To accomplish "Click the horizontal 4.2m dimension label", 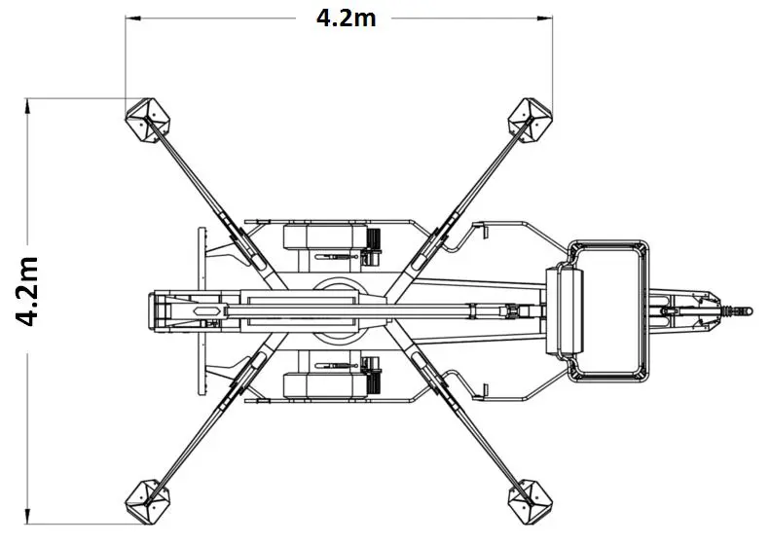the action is click(347, 18).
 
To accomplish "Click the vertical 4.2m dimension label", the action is click(27, 291).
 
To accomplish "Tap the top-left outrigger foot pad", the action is click(147, 121).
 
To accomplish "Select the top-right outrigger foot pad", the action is click(530, 121).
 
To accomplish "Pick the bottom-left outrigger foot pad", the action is click(147, 502).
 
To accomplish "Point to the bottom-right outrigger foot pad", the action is click(530, 502).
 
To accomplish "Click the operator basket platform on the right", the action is click(608, 310).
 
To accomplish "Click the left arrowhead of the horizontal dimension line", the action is click(133, 18).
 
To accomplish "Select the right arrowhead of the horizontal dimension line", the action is click(544, 18).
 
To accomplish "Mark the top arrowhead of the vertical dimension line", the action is click(27, 106).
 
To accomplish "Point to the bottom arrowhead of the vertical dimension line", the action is click(27, 517).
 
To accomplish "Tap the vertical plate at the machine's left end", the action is click(202, 310).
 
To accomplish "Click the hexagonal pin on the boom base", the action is click(207, 310).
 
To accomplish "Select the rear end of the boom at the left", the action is click(157, 310).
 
